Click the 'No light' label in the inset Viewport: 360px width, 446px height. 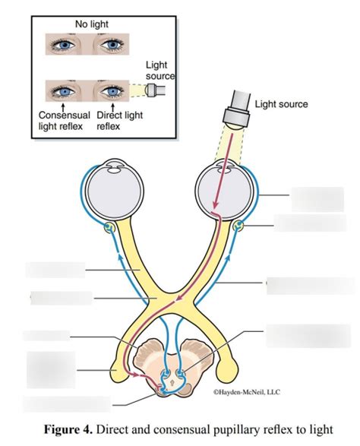click(x=91, y=24)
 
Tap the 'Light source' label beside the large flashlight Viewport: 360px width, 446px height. click(x=281, y=103)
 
